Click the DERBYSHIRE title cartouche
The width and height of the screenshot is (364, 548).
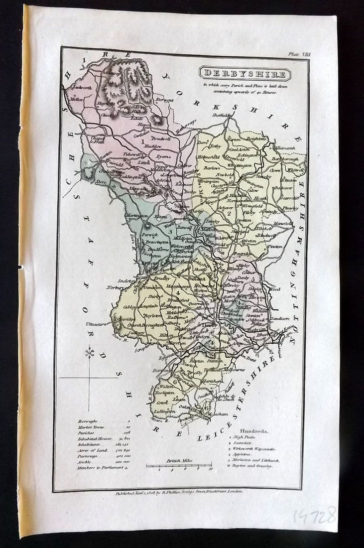[245, 74]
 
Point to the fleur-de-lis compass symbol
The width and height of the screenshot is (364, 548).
[90, 353]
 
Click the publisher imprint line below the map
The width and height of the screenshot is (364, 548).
[179, 491]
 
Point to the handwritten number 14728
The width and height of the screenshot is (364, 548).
[314, 516]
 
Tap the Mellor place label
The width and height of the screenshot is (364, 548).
[77, 99]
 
